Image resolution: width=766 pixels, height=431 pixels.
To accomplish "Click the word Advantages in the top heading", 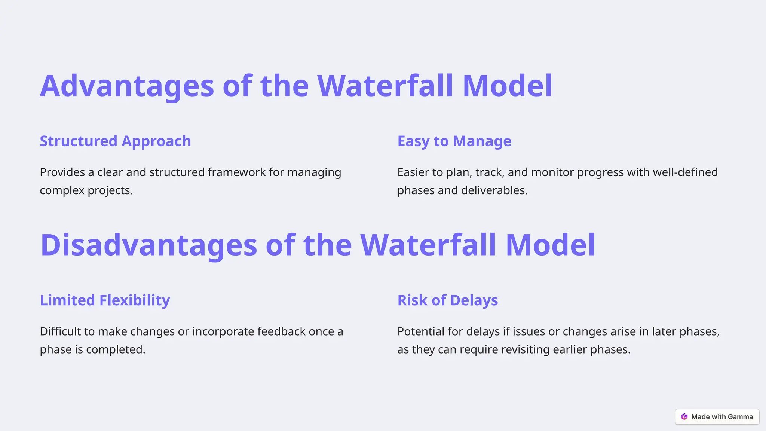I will click(127, 86).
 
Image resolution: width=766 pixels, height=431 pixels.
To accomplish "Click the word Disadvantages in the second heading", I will click(148, 245).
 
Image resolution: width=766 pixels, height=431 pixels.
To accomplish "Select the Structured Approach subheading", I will click(115, 141).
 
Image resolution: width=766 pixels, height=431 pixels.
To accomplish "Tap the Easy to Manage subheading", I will click(454, 141).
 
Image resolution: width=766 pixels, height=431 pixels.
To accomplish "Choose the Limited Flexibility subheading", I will click(105, 300).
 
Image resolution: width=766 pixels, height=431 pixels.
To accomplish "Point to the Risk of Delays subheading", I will click(447, 300).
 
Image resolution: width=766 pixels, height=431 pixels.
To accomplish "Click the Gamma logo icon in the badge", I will click(684, 417).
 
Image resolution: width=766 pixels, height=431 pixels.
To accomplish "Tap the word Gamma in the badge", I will click(740, 417).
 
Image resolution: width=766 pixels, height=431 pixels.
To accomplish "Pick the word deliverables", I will click(494, 190).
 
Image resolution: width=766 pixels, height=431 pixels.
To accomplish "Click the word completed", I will click(116, 349).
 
